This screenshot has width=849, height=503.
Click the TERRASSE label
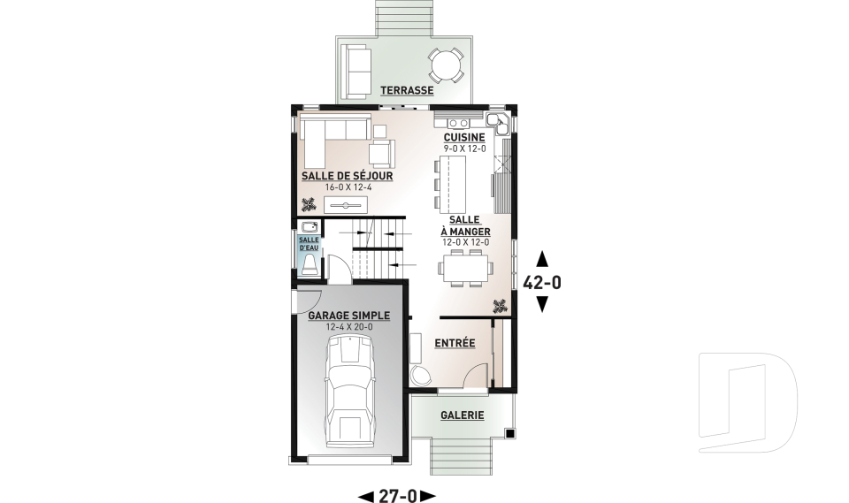coord(407,90)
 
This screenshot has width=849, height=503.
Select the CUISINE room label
coord(464,138)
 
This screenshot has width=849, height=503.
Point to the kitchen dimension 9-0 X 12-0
coord(464,149)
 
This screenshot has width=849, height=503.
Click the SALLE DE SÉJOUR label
coord(347,176)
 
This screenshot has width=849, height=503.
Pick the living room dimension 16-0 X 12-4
coord(348,187)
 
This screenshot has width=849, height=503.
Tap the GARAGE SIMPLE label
coord(348,316)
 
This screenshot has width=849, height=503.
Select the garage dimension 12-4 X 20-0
coord(349,327)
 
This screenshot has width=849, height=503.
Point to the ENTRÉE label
coord(455,343)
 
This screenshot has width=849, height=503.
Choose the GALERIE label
coord(462,415)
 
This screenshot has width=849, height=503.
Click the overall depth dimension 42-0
coord(542,282)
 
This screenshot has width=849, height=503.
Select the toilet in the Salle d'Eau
coord(310,266)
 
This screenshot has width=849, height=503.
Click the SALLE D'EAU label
coord(310,244)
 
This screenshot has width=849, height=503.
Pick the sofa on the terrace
coord(357,71)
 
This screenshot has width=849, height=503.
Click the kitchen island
coord(453,185)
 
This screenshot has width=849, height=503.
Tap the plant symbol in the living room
coord(310,205)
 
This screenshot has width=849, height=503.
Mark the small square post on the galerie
coord(509,432)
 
